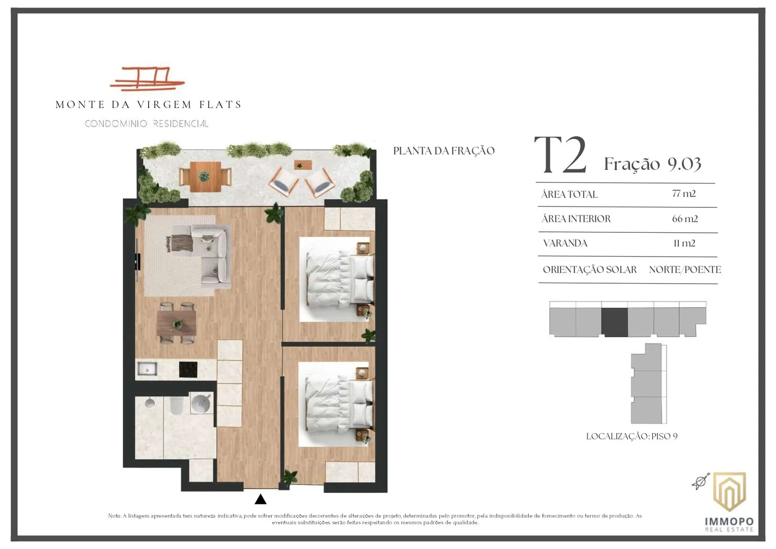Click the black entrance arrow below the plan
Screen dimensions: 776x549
tap(260, 499)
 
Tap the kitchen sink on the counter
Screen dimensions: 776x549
tap(147, 369)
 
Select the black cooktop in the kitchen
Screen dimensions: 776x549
tap(188, 370)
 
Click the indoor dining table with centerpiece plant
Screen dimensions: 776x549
tap(176, 323)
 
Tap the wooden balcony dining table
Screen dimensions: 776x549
tap(205, 176)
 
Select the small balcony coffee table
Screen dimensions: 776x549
tap(303, 165)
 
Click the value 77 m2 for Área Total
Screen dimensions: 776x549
tap(684, 193)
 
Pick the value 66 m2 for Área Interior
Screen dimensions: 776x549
tap(685, 219)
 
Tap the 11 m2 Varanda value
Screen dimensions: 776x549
tap(684, 243)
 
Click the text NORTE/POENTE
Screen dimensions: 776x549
tap(685, 269)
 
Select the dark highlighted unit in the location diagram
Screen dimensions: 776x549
tap(615, 322)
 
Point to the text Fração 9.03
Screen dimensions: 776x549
tap(652, 164)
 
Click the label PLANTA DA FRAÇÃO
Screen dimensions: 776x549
tap(444, 150)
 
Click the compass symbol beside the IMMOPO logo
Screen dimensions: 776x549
tap(700, 481)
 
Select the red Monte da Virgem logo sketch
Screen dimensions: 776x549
tap(147, 79)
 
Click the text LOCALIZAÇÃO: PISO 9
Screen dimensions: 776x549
tap(632, 436)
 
